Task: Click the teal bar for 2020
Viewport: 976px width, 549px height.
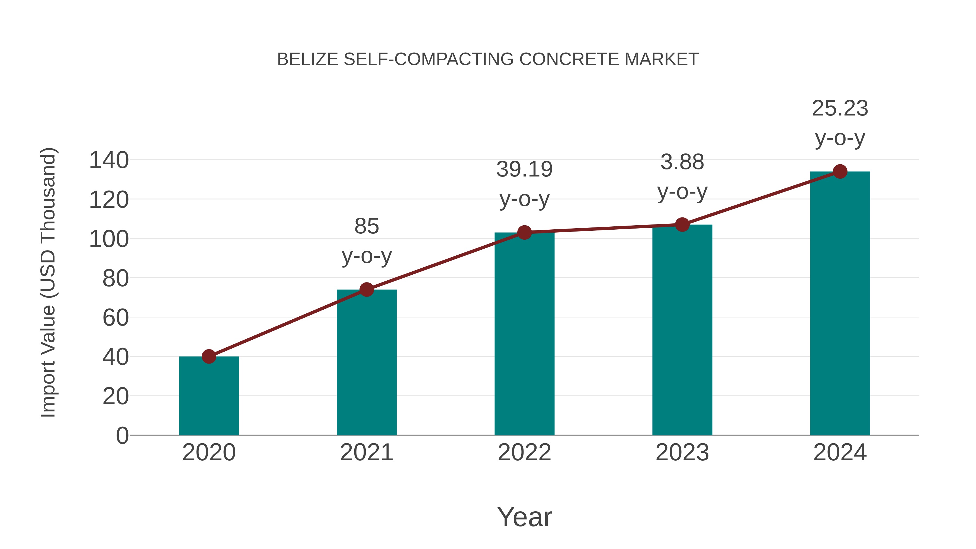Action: pyautogui.click(x=209, y=396)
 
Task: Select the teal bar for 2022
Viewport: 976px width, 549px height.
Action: pyautogui.click(x=524, y=333)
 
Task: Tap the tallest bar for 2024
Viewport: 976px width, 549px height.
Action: pyautogui.click(x=840, y=303)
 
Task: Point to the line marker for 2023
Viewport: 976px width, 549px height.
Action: pyautogui.click(x=682, y=225)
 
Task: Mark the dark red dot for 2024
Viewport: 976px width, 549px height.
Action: pyautogui.click(x=840, y=172)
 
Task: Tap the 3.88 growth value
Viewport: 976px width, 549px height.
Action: pyautogui.click(x=682, y=162)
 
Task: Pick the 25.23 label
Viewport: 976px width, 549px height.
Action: pyautogui.click(x=840, y=108)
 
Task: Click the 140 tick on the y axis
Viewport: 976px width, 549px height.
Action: pyautogui.click(x=109, y=160)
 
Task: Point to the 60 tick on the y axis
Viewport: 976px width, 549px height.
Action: pyautogui.click(x=115, y=317)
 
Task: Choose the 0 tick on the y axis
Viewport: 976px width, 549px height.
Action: pyautogui.click(x=122, y=435)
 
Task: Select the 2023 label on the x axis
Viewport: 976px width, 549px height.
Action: pyautogui.click(x=682, y=452)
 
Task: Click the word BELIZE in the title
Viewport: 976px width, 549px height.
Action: pyautogui.click(x=308, y=59)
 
